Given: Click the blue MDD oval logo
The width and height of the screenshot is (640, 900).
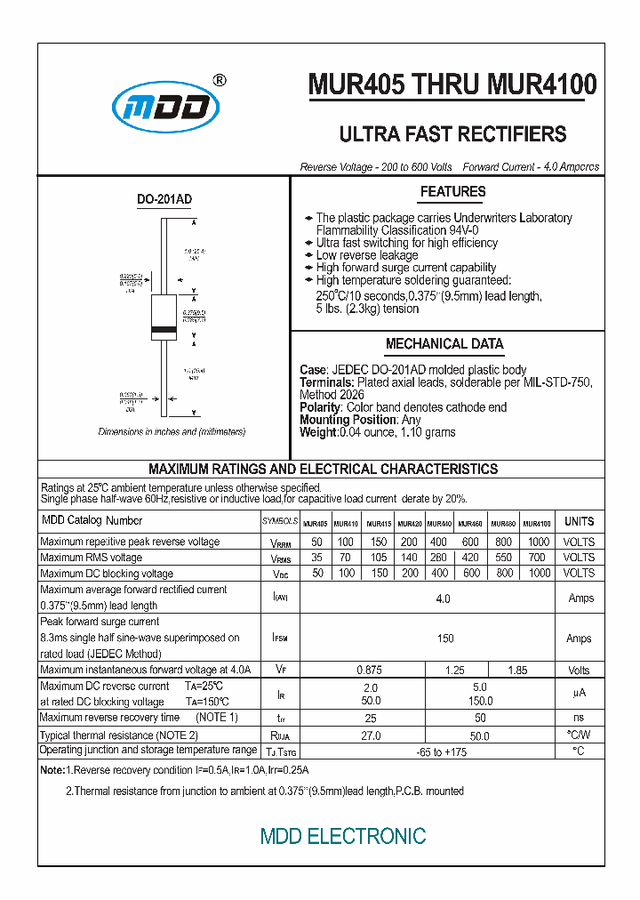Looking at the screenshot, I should click(165, 108).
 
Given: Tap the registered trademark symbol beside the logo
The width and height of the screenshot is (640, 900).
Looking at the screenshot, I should click(220, 80).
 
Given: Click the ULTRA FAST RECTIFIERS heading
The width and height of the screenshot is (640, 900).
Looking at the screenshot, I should click(452, 134).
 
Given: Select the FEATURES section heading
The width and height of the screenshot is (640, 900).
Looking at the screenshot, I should click(452, 192).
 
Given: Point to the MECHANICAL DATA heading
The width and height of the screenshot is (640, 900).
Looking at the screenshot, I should click(444, 344).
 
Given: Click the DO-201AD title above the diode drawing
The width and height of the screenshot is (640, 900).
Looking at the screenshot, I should click(164, 201).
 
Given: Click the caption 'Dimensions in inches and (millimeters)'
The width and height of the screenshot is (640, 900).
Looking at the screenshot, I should click(172, 431).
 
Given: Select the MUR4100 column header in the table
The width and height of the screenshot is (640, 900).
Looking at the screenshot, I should click(536, 524).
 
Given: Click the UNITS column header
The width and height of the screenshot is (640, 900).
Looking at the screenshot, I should click(580, 521).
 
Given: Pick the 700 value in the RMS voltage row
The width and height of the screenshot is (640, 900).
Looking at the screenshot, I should click(537, 558).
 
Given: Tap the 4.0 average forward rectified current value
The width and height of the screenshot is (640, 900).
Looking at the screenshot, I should click(444, 599).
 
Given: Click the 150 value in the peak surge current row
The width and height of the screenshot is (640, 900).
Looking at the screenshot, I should click(445, 639).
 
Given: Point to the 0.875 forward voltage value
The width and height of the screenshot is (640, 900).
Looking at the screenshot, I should click(370, 670).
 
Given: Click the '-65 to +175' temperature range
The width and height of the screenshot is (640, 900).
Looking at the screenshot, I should click(442, 752).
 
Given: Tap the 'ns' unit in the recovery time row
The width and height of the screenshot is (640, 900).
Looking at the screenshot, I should click(580, 717).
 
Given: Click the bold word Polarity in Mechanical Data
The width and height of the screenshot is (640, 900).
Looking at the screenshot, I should click(321, 407).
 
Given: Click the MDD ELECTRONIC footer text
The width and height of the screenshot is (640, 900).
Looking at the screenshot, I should click(343, 836).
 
